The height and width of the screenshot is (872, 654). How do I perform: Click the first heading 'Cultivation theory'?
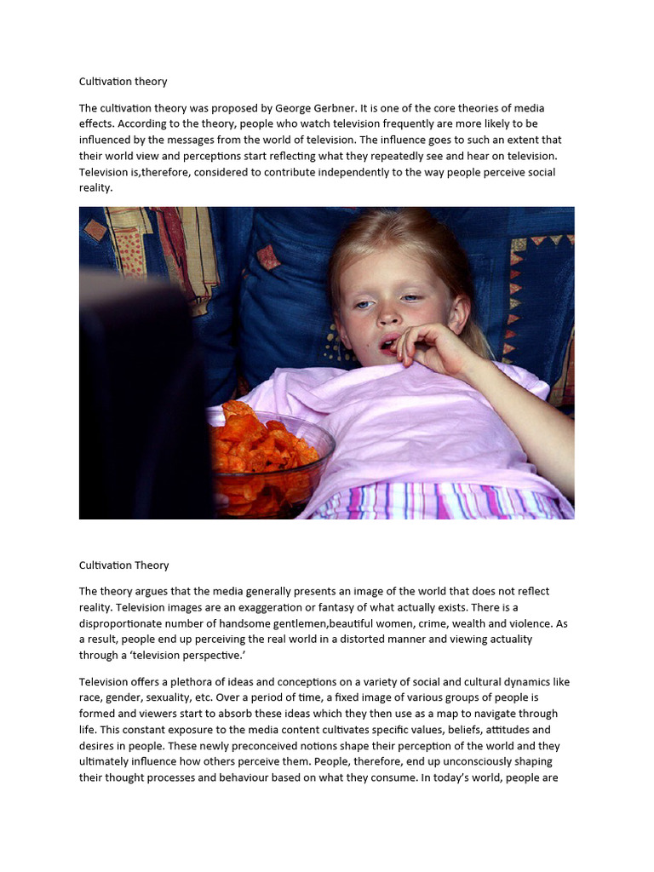pyautogui.click(x=123, y=82)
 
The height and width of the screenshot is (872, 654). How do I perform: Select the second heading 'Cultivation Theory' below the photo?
pyautogui.click(x=123, y=565)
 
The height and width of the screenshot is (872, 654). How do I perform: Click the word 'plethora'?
pyautogui.click(x=190, y=681)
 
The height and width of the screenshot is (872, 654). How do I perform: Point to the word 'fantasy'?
pyautogui.click(x=347, y=607)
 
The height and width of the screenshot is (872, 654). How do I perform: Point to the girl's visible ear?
pyautogui.click(x=458, y=316)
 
